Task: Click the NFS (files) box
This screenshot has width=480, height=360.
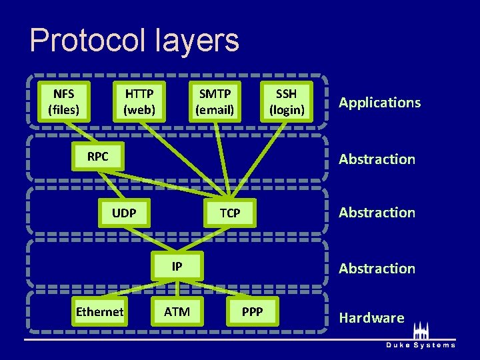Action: [64, 101]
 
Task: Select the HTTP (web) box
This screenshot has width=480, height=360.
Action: [139, 101]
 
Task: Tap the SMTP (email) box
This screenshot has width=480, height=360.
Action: [215, 101]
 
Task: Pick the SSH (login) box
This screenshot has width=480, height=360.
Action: [287, 101]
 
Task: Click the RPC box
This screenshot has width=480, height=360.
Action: [97, 157]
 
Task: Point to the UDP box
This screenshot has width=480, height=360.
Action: [124, 213]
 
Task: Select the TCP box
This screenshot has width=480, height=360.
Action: [230, 213]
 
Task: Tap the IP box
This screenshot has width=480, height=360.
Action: [177, 267]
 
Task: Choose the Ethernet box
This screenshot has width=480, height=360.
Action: [99, 311]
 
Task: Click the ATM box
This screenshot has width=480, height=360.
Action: [177, 311]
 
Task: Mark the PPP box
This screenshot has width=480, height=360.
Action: [252, 311]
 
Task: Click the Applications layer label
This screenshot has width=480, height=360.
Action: [379, 102]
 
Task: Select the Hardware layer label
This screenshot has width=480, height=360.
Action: [371, 317]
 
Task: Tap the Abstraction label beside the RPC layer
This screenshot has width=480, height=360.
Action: [377, 159]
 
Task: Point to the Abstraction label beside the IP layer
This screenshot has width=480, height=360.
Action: [377, 268]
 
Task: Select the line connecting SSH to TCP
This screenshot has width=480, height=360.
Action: [260, 161]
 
